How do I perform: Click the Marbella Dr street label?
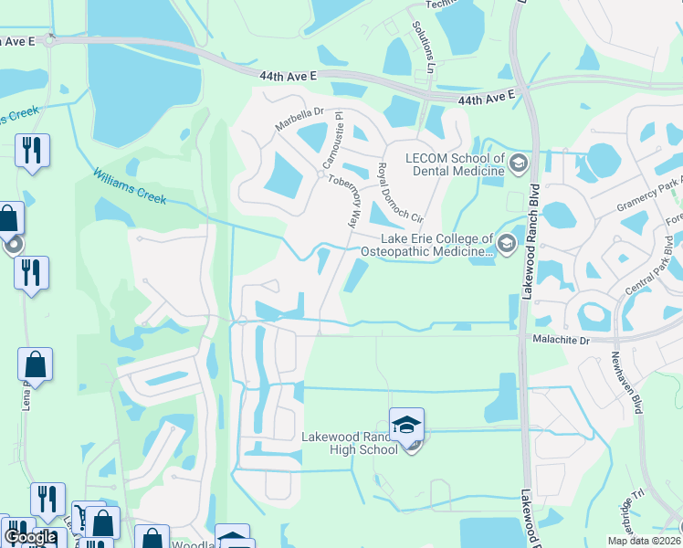[300, 120]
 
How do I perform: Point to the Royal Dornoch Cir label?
[401, 193]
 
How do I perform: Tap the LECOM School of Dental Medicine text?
[448, 164]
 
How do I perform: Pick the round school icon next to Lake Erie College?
[506, 242]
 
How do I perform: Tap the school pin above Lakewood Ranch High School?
[406, 425]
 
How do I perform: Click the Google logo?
[29, 536]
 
